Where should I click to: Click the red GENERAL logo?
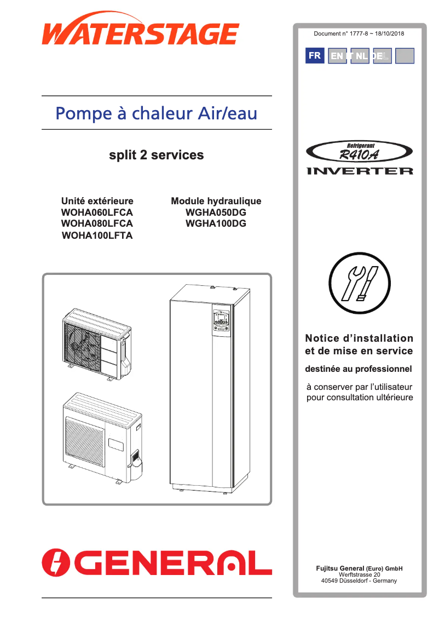[157, 562]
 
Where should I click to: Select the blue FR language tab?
[315, 56]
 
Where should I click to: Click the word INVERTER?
[359, 171]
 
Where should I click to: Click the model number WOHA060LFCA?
[97, 212]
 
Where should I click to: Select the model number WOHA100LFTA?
[97, 235]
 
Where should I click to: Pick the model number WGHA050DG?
[216, 212]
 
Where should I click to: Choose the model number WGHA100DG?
[216, 223]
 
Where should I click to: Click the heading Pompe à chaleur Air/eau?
[157, 113]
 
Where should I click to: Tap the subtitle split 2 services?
[157, 155]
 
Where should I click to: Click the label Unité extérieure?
[97, 201]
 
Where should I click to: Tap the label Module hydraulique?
[216, 201]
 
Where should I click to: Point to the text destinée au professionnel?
[359, 369]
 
